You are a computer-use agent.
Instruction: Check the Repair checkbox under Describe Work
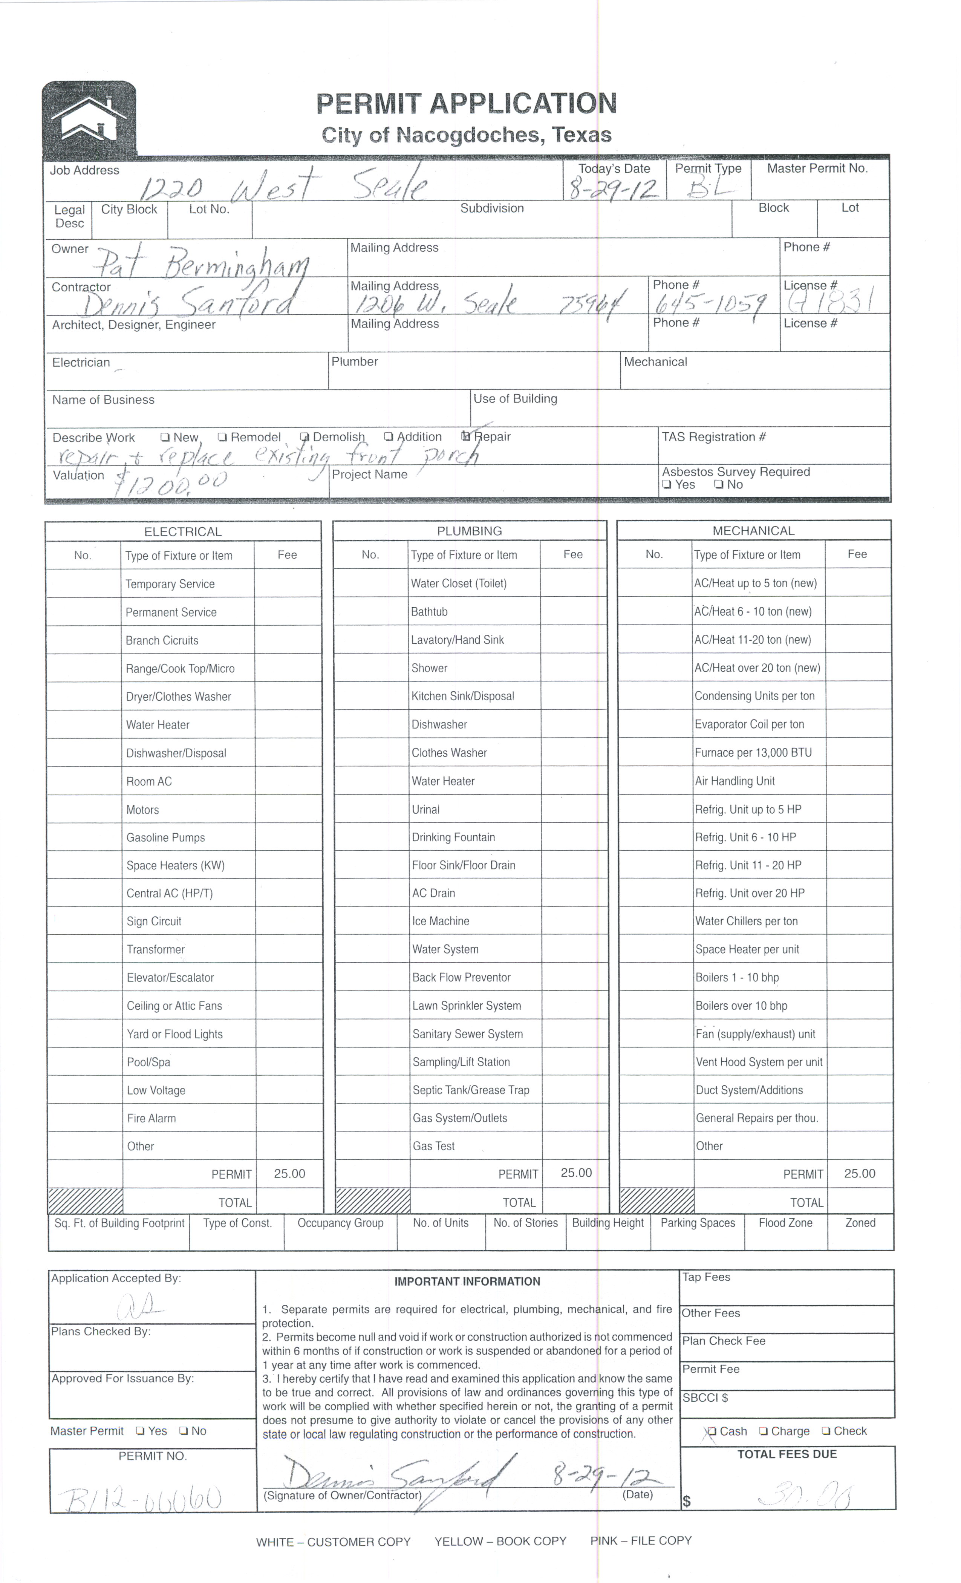coord(467,437)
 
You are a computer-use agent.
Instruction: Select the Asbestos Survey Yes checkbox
coord(667,485)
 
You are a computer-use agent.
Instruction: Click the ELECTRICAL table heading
coord(183,532)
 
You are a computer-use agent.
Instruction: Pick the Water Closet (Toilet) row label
coord(459,583)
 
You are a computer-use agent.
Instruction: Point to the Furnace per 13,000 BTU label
coord(753,752)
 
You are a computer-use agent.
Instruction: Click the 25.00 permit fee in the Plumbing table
coord(576,1173)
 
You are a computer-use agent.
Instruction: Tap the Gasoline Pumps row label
coord(166,838)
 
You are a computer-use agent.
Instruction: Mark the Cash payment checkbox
coord(711,1431)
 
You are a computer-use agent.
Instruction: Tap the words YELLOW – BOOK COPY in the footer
coord(500,1541)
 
